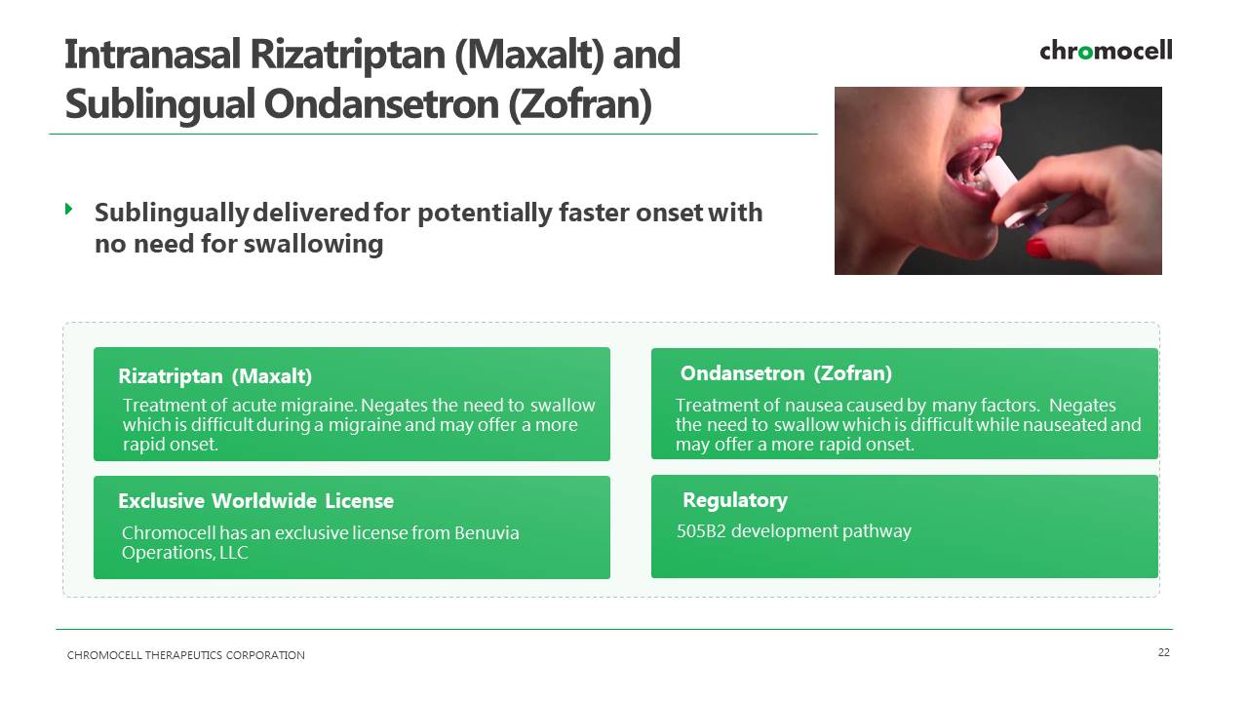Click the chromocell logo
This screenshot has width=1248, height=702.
pos(1106,51)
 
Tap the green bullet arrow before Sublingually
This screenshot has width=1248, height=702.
pos(69,209)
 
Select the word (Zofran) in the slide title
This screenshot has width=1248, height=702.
pos(580,104)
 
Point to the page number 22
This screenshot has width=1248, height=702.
pos(1164,652)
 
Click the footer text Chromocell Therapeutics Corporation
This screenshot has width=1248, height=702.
pos(185,655)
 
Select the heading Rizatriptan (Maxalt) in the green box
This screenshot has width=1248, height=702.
pos(215,376)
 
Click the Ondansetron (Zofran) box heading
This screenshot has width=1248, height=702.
pos(786,373)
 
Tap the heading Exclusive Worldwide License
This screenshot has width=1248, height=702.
pos(255,501)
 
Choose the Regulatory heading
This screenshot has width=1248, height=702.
pos(735,500)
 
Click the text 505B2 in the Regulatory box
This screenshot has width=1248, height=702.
pos(701,531)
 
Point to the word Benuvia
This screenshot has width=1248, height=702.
pos(487,533)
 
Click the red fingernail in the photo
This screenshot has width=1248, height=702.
pos(1038,248)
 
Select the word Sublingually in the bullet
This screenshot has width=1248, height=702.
pos(171,214)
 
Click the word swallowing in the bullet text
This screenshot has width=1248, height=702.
pos(314,244)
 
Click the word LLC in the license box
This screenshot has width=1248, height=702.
pos(233,553)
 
